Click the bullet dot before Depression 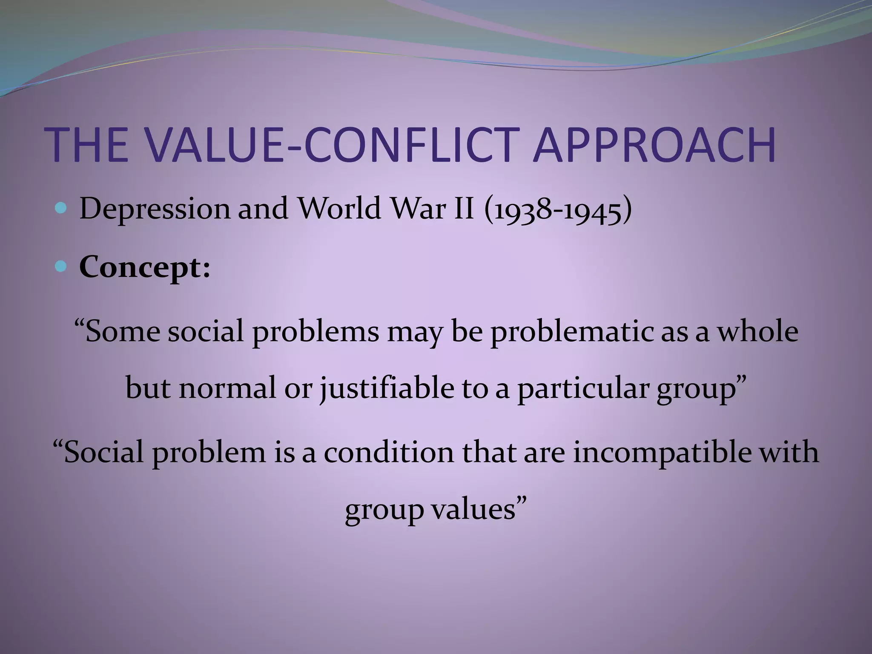coord(61,208)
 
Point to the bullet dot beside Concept coord(61,267)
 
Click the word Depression coord(154,209)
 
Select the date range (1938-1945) coord(558,209)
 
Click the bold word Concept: coord(145,268)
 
